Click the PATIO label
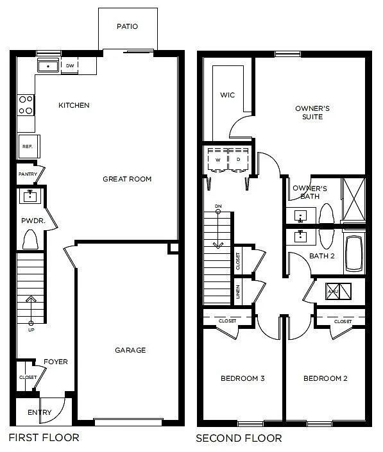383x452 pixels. tap(127, 27)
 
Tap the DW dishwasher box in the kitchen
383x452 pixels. tap(69, 65)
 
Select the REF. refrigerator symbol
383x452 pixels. tap(27, 146)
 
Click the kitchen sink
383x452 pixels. tap(47, 65)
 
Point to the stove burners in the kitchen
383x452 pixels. tap(26, 105)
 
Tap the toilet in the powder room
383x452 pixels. tap(30, 239)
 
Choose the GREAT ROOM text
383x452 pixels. tap(127, 179)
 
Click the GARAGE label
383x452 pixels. tap(130, 350)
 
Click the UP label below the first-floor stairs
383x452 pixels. tap(31, 330)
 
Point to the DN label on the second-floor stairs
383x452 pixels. tap(218, 206)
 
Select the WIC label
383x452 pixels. tap(227, 96)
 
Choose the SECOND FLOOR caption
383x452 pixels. tap(238, 439)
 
